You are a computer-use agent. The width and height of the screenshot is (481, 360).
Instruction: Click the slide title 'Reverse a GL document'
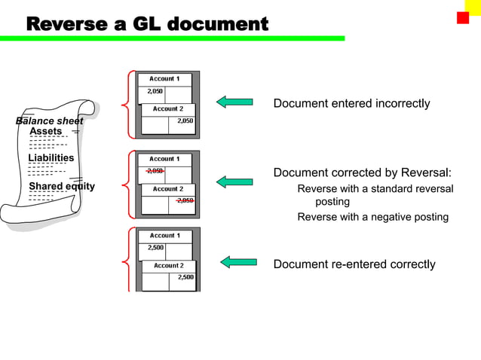click(x=147, y=24)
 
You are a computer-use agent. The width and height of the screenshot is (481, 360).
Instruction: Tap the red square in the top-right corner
click(x=463, y=17)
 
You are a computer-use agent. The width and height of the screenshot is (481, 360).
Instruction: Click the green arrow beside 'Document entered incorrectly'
click(x=234, y=102)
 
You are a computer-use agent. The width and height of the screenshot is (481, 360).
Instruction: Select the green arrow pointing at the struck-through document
click(x=234, y=182)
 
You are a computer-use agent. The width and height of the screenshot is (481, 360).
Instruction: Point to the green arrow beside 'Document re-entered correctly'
click(x=238, y=262)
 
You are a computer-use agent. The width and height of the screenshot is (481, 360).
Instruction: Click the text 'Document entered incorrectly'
click(x=351, y=103)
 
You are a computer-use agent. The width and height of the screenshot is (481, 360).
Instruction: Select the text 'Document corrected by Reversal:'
click(x=362, y=173)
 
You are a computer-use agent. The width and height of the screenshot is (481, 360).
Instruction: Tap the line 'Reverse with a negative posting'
click(x=372, y=217)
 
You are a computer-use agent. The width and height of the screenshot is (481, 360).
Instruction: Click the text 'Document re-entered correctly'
click(x=354, y=264)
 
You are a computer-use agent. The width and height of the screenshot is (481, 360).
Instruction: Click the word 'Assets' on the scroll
click(x=45, y=132)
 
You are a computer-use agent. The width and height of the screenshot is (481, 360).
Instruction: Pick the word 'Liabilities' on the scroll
click(x=51, y=158)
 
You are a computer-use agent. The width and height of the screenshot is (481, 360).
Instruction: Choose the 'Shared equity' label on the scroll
click(x=61, y=186)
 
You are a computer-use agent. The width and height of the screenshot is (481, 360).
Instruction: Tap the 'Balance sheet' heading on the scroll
click(x=49, y=121)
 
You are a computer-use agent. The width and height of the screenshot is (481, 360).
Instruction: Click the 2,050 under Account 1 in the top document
click(x=155, y=91)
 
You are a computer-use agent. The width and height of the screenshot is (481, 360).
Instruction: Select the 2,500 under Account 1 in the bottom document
click(x=156, y=247)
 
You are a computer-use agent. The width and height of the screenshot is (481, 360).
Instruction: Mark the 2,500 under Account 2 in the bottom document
click(x=185, y=277)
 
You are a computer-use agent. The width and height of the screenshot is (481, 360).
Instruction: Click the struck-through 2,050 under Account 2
click(x=185, y=200)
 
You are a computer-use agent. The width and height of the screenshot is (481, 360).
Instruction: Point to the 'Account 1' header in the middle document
click(x=164, y=159)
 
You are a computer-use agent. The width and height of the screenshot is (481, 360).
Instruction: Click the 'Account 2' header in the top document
click(x=167, y=108)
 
